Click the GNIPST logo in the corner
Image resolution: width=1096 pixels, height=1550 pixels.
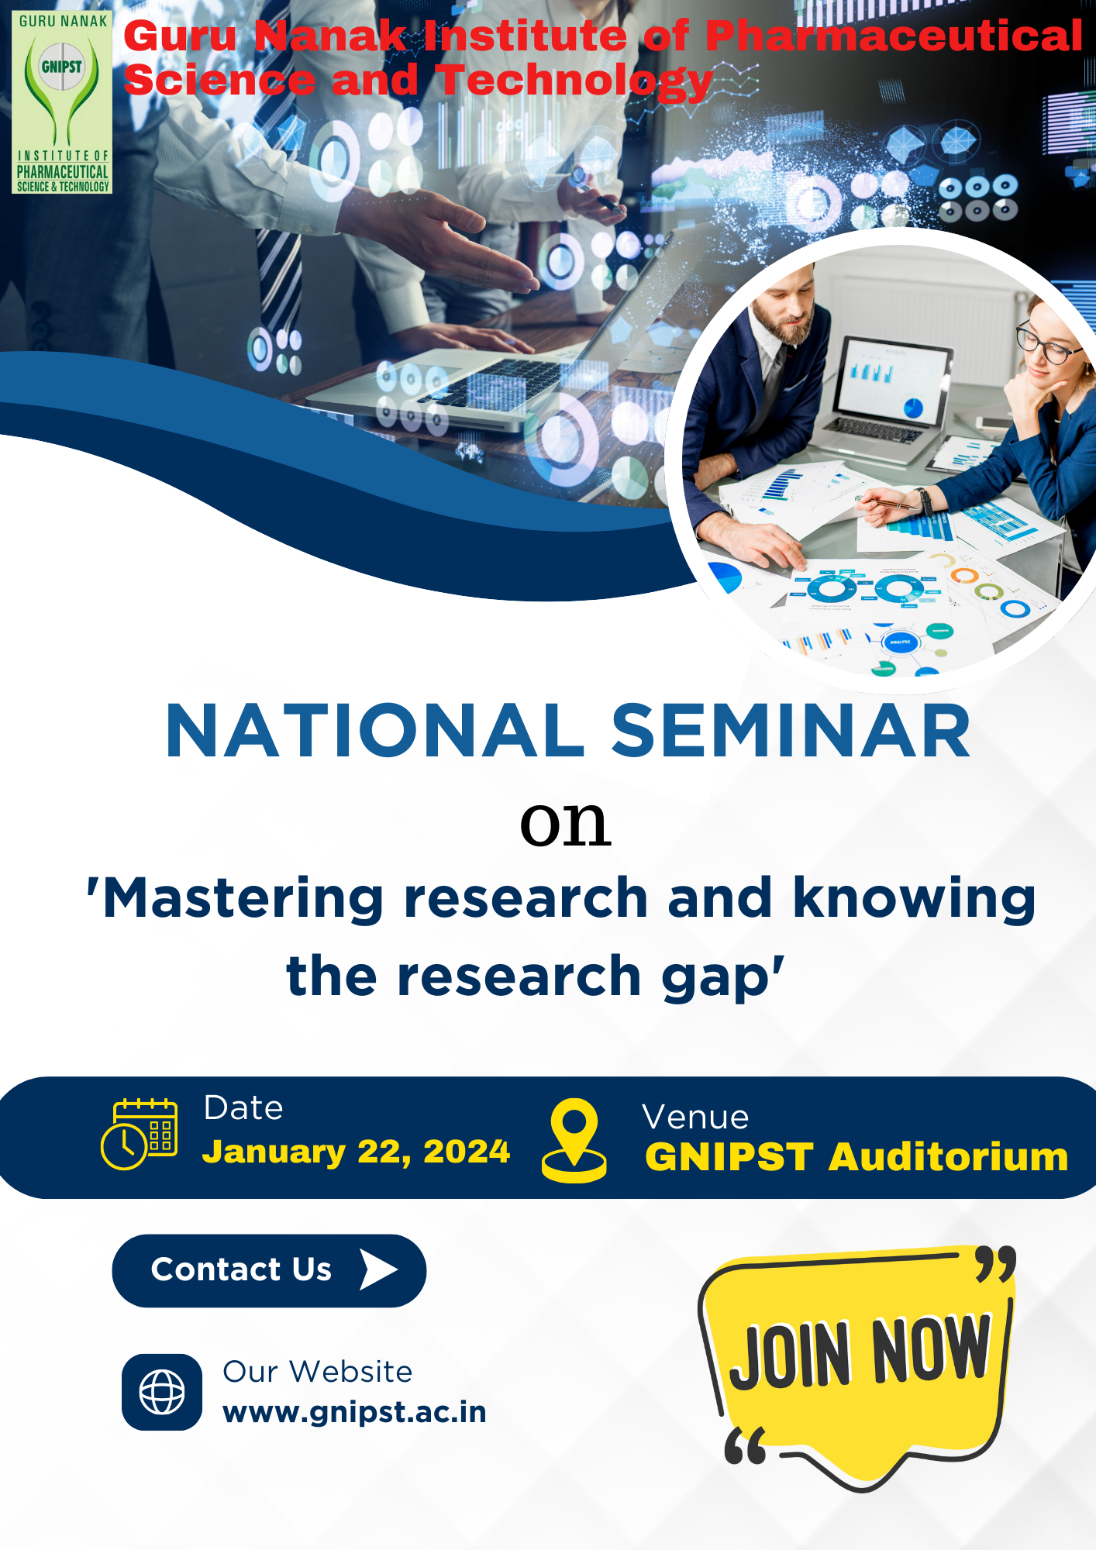point(62,102)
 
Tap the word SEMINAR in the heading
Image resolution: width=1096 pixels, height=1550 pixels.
point(791,731)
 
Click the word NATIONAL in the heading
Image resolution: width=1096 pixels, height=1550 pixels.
point(375,731)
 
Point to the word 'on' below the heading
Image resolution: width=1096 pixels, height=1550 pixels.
point(565,823)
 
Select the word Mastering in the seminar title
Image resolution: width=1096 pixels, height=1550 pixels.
point(243,899)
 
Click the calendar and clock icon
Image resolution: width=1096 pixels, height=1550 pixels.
point(140,1133)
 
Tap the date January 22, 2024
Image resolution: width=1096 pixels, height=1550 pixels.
point(356,1152)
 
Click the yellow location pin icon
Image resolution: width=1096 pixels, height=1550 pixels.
point(574,1139)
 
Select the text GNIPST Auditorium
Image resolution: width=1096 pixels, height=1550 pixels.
point(856,1157)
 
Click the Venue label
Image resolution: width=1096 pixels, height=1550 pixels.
point(695,1118)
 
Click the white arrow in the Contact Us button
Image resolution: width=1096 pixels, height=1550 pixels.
point(378,1269)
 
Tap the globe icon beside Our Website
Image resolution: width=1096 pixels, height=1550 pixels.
point(162,1392)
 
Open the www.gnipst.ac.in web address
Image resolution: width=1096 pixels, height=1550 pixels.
point(354,1412)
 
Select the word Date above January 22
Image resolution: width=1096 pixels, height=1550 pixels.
point(243,1108)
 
